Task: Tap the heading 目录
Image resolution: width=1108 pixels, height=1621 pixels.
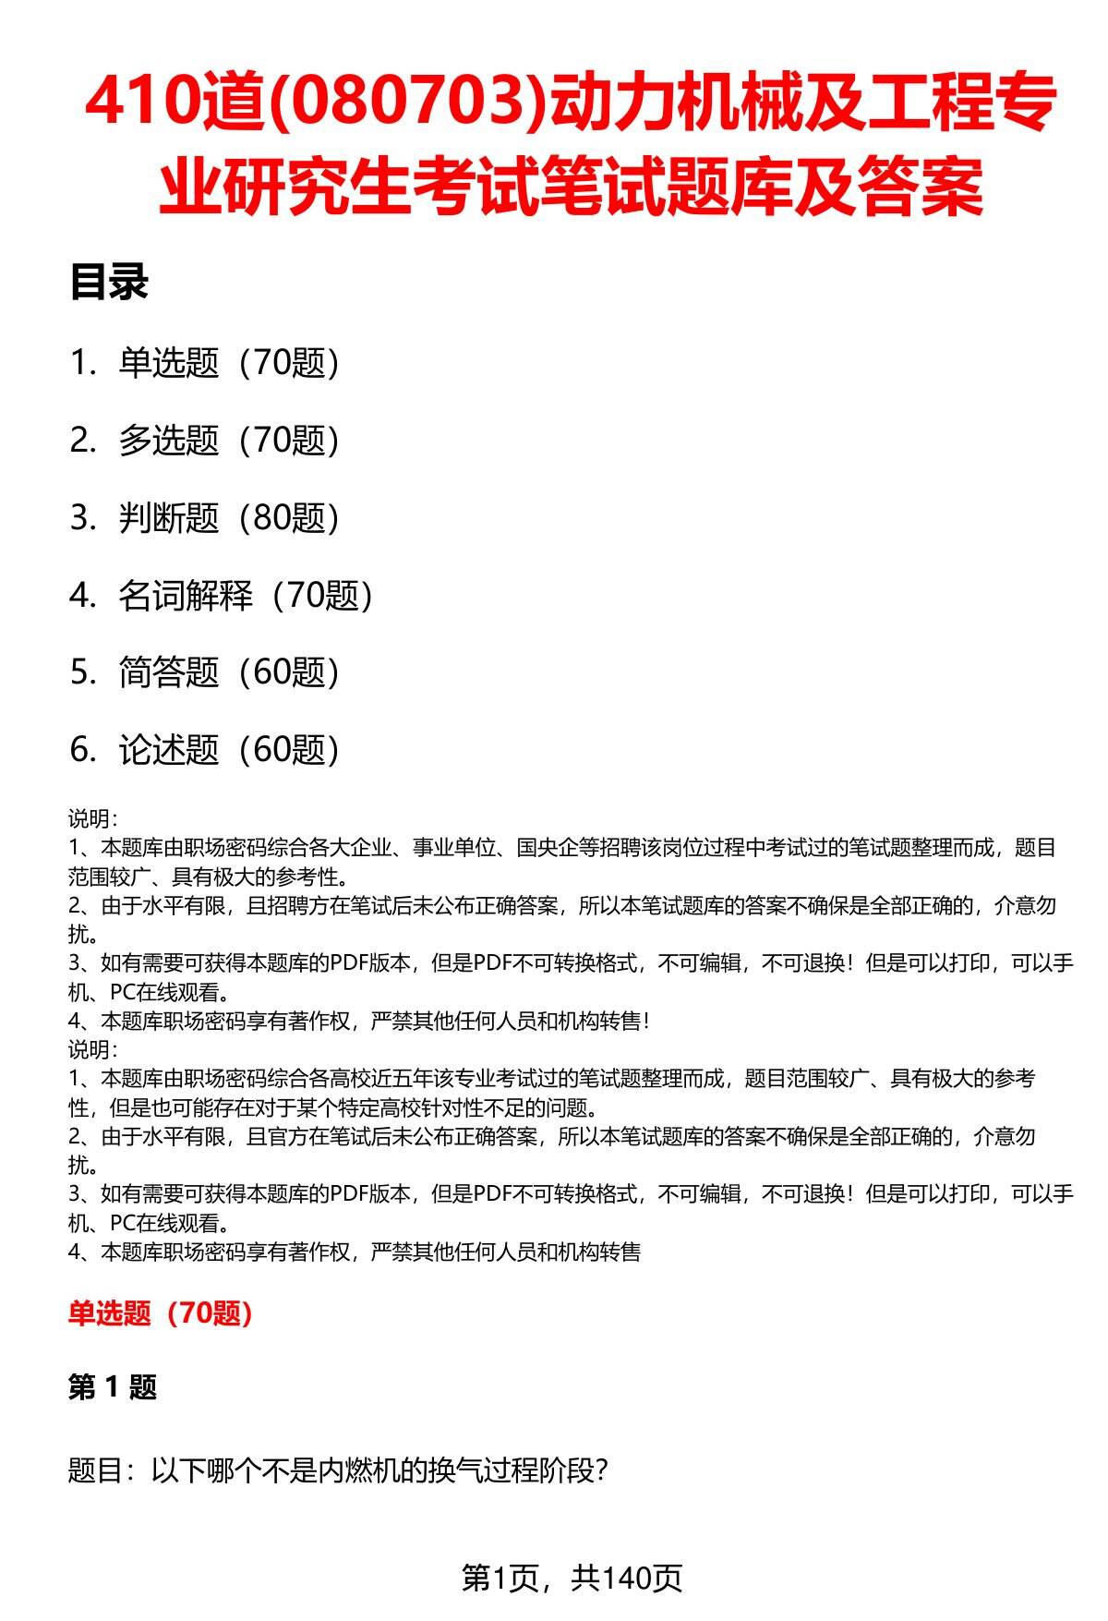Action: (x=109, y=283)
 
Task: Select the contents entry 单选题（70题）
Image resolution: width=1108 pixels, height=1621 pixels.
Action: (x=229, y=363)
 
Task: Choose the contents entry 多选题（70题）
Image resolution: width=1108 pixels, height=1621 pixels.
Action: (x=229, y=441)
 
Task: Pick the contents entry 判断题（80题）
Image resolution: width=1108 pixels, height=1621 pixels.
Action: (x=229, y=518)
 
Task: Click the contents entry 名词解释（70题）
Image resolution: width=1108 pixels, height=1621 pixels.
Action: (x=246, y=596)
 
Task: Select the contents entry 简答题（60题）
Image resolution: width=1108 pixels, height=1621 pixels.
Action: (x=229, y=672)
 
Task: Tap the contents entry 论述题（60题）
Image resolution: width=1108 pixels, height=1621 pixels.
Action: (x=229, y=750)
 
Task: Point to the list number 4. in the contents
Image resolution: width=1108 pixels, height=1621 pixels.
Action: (x=83, y=596)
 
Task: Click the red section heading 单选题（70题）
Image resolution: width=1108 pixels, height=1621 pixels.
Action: (x=161, y=1313)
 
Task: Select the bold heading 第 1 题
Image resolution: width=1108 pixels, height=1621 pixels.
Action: (x=113, y=1386)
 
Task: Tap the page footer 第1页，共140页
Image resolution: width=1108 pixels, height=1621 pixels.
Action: (x=572, y=1579)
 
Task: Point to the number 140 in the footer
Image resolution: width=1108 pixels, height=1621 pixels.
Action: (x=627, y=1579)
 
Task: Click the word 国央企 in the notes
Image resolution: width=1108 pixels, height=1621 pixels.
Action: (x=548, y=848)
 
